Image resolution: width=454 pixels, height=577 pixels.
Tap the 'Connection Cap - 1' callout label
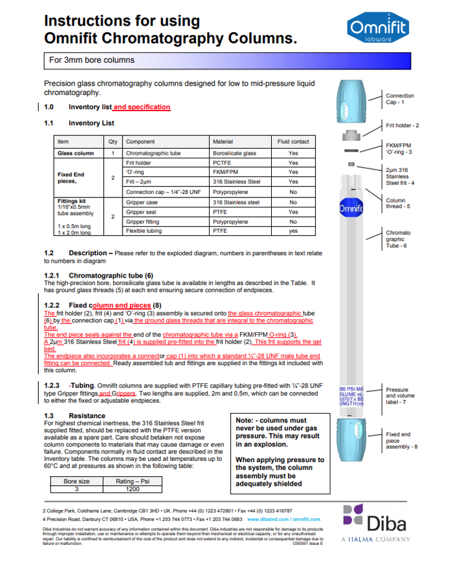[399, 99]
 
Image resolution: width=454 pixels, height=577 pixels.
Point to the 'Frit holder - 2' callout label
[402, 125]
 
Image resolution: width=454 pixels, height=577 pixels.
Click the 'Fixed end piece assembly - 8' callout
[397, 440]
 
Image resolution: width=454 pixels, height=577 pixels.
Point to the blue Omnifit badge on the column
[350, 209]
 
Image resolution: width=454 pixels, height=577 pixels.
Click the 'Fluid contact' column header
[293, 142]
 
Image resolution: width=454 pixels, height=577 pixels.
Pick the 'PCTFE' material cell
[222, 163]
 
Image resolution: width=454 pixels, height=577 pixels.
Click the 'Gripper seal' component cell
[142, 212]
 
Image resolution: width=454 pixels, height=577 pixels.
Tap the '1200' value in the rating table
[132, 489]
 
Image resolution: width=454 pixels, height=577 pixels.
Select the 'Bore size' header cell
[76, 481]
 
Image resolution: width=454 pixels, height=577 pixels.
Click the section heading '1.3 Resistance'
[75, 416]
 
